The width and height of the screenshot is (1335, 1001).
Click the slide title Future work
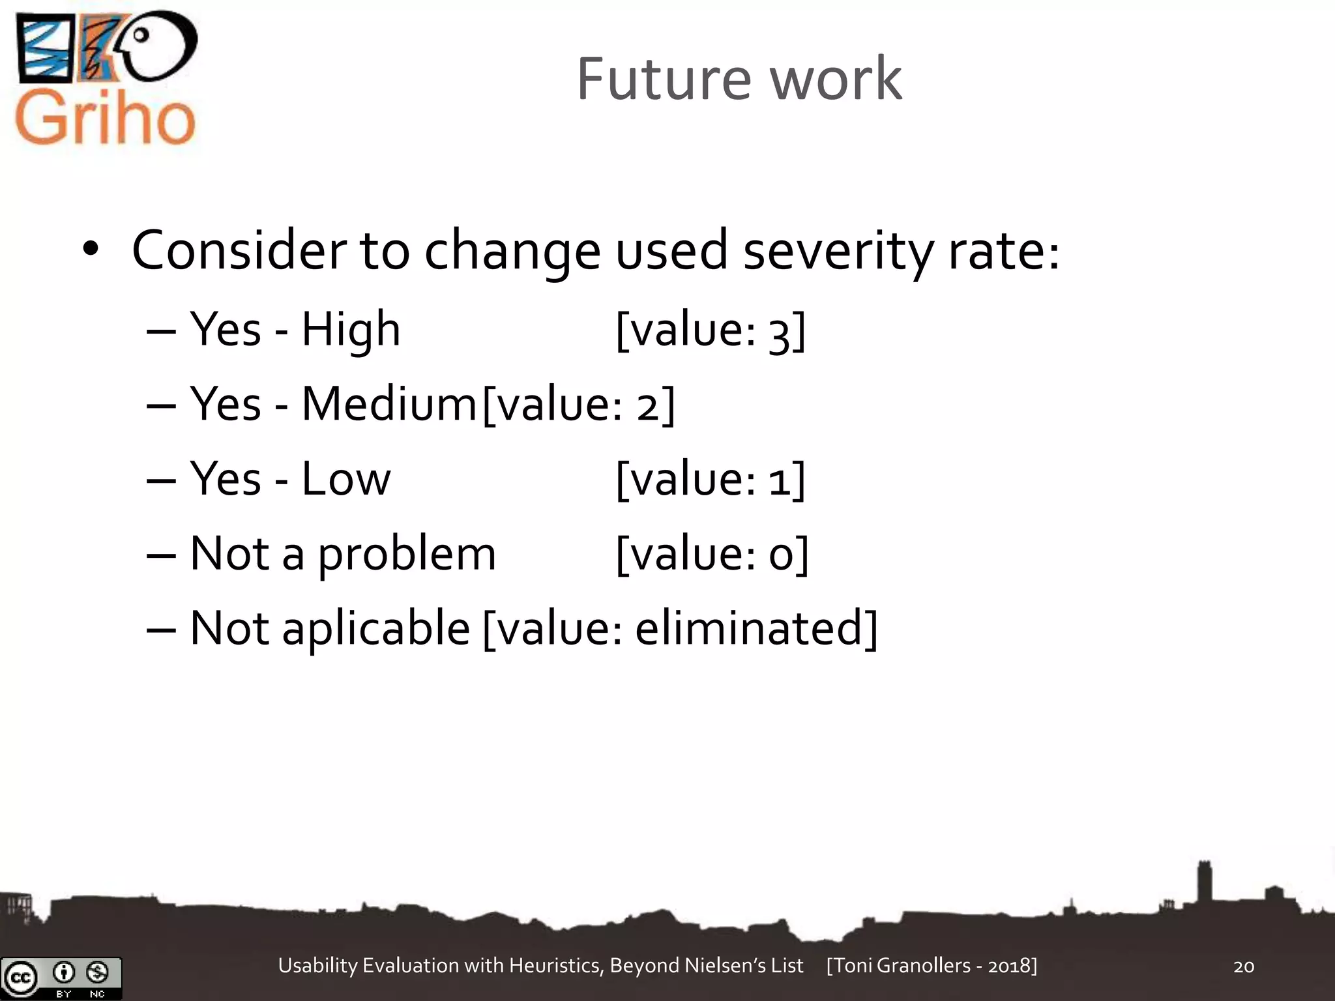tap(739, 80)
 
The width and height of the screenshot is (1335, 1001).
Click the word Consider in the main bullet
tap(239, 250)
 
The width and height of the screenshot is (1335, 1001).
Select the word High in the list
tap(351, 330)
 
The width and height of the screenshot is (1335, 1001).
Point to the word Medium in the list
tap(389, 404)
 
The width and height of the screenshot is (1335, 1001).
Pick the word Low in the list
tap(345, 479)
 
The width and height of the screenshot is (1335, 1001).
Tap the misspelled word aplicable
tap(375, 628)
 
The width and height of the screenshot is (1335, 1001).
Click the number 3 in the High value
tap(779, 332)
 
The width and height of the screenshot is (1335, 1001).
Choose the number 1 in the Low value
tap(779, 481)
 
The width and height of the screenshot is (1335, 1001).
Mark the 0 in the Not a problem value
tap(780, 555)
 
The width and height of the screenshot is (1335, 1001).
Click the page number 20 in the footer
tap(1244, 966)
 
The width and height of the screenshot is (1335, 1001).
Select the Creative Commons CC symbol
tap(20, 978)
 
